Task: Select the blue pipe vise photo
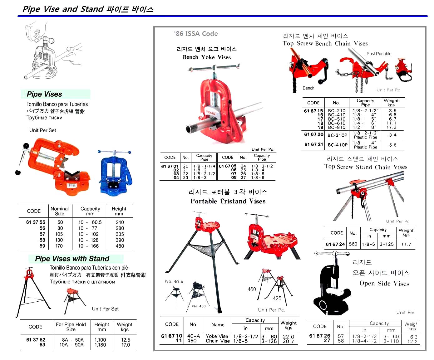tap(115, 173)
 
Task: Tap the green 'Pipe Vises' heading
tap(44, 94)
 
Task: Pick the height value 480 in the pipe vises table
tap(120, 246)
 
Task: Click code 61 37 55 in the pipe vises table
tap(36, 222)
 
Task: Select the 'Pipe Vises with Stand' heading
tap(72, 259)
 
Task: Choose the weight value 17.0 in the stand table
tap(126, 345)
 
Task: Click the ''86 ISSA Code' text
tap(196, 34)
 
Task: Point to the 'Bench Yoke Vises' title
tap(207, 57)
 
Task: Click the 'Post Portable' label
tap(379, 54)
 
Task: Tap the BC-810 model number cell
tap(337, 127)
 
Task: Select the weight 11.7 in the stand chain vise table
tap(406, 244)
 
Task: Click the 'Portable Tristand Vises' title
tap(228, 201)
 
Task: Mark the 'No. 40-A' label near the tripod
tap(174, 281)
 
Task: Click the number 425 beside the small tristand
tap(277, 298)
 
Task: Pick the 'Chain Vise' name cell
tap(218, 341)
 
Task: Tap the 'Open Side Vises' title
tap(384, 283)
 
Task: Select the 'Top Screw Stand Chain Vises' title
tap(366, 167)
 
